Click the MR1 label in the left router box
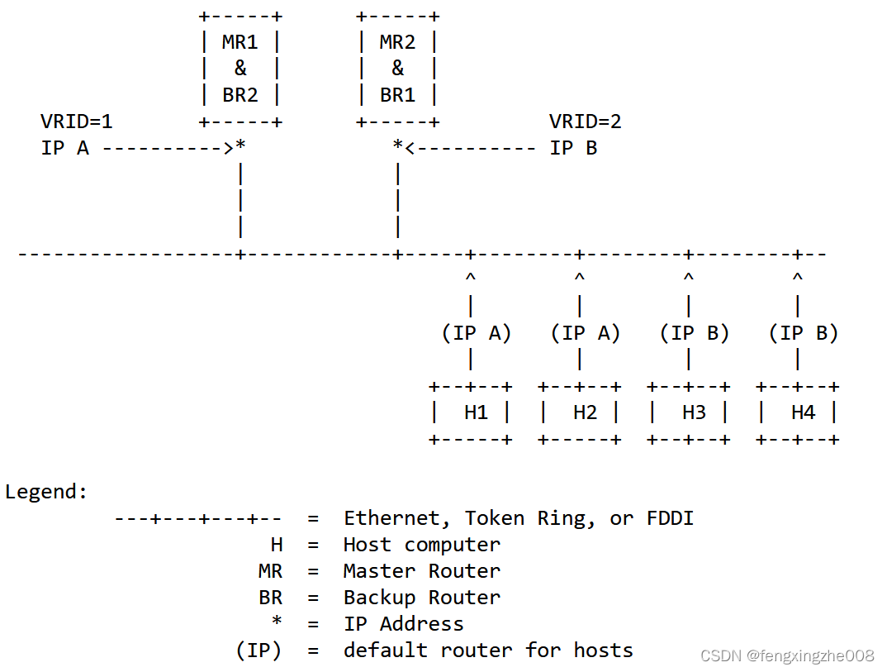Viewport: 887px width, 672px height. pos(240,42)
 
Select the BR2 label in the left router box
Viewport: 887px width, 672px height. pos(240,95)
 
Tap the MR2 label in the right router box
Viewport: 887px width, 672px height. pos(397,42)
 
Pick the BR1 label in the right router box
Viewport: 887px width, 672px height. pos(397,95)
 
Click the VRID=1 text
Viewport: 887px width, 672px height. pos(76,122)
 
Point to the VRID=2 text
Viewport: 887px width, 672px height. pos(585,122)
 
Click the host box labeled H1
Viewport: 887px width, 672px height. pos(471,412)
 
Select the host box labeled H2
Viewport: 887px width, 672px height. pos(580,412)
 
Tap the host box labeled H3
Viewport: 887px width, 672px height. pos(689,412)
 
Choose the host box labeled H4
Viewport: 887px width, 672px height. pos(798,412)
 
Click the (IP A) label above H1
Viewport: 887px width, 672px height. pos(477,333)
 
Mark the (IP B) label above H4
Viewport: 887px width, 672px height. pos(804,333)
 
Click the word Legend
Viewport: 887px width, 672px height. pos(46,492)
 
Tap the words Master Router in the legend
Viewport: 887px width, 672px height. pos(421,571)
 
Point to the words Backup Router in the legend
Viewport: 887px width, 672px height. pos(421,598)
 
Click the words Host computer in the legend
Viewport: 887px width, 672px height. pos(421,545)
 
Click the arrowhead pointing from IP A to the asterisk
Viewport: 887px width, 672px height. pos(228,149)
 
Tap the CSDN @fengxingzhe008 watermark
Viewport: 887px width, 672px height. pos(786,655)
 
